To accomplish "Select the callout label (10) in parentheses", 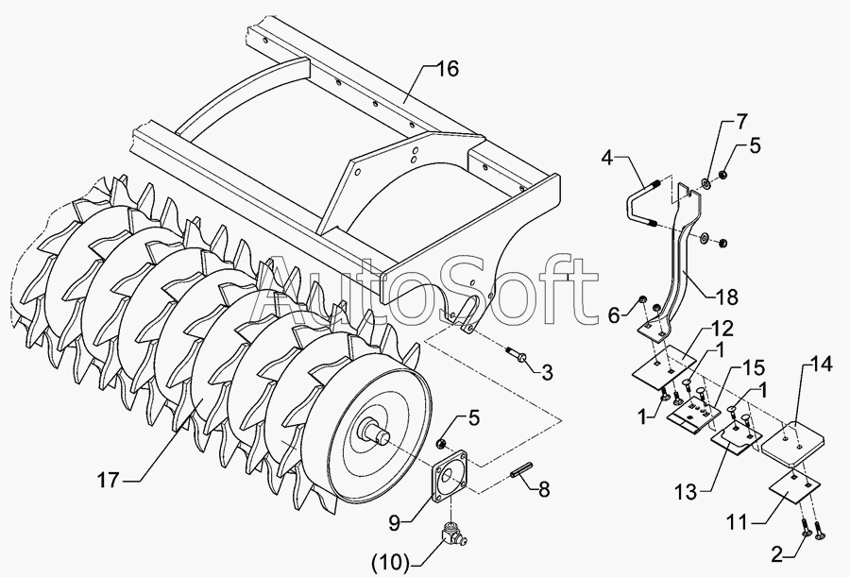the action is click(x=390, y=563).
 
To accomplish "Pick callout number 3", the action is click(x=547, y=370).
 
